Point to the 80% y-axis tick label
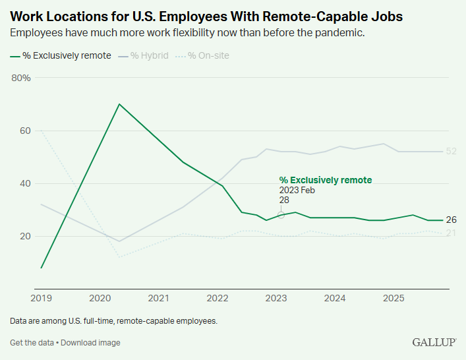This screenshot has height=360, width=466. [21, 78]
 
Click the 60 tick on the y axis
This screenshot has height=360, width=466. [24, 131]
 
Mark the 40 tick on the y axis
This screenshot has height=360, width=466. [24, 183]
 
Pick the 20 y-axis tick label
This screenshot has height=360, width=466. [24, 236]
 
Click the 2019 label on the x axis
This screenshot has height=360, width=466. [41, 299]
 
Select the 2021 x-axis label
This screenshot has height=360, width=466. [158, 299]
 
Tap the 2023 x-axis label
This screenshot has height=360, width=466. [276, 299]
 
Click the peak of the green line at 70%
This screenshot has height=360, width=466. [119, 104]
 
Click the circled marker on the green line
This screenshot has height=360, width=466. [281, 215]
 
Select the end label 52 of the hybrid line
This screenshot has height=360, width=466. [451, 152]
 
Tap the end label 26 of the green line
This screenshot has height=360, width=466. [451, 220]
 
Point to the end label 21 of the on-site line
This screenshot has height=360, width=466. [451, 233]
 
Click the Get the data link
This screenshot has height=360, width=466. [32, 343]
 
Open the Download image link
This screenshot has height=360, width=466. [91, 343]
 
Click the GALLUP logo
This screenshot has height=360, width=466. [434, 342]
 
